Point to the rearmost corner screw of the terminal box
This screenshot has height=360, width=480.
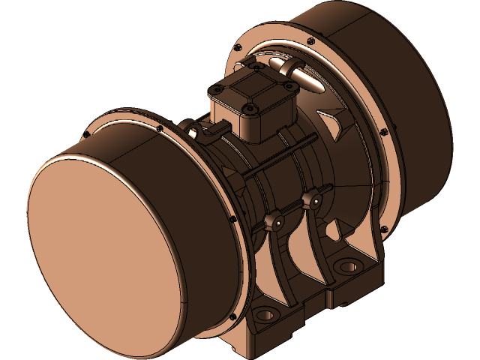(x=256, y=68)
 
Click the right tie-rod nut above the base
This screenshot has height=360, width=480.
(x=310, y=199)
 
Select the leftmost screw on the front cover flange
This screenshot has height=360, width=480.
(x=88, y=135)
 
